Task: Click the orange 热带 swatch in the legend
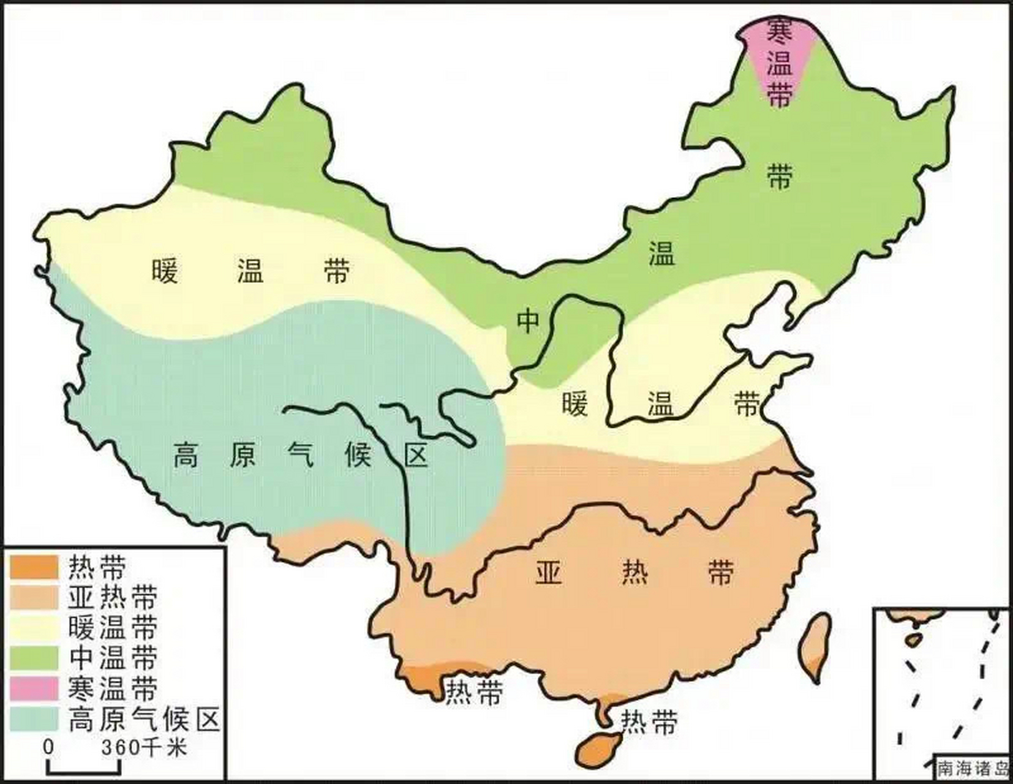point(34,567)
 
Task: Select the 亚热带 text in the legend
point(113,597)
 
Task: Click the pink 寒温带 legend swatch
point(34,688)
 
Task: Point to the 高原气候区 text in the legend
point(144,719)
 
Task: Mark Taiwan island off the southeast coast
point(817,646)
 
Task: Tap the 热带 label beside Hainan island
point(649,723)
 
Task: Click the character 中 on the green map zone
point(528,320)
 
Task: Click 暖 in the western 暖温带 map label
point(165,271)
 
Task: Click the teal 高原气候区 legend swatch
point(34,719)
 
